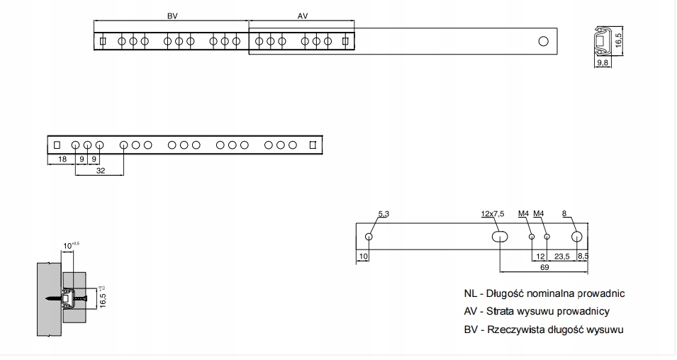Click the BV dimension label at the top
coord(172,16)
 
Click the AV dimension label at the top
coord(303,16)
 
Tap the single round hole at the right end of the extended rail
coord(544,41)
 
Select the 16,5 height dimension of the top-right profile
coord(618,40)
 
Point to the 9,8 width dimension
coord(603,62)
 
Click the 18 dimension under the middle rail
coord(62,159)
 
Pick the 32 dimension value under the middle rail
coord(101,171)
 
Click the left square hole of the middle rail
coord(57,145)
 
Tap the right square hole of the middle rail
coord(313,145)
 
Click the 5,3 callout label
coord(384,214)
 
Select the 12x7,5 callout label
coord(493,214)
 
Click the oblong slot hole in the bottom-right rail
coord(500,237)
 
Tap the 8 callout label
coord(564,213)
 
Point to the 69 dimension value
coord(544,268)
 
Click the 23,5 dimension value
coord(561,257)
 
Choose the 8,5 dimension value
coord(583,256)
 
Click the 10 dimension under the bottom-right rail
coord(364,257)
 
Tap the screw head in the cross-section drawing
coord(84,298)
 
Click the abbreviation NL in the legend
coord(470,293)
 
